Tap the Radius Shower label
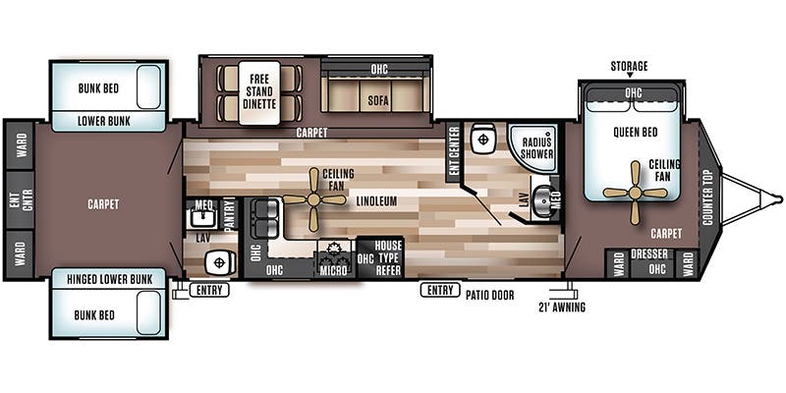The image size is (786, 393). (537, 147)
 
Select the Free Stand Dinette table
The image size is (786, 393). (259, 92)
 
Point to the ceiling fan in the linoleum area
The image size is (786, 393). (312, 198)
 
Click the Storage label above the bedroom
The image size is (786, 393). (629, 66)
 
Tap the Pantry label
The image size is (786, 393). (229, 213)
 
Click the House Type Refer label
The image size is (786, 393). (388, 256)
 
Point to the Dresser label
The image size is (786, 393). (650, 253)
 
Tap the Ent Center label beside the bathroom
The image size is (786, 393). (454, 153)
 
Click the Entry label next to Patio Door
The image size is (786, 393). (439, 290)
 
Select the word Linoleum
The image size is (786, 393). (377, 201)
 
